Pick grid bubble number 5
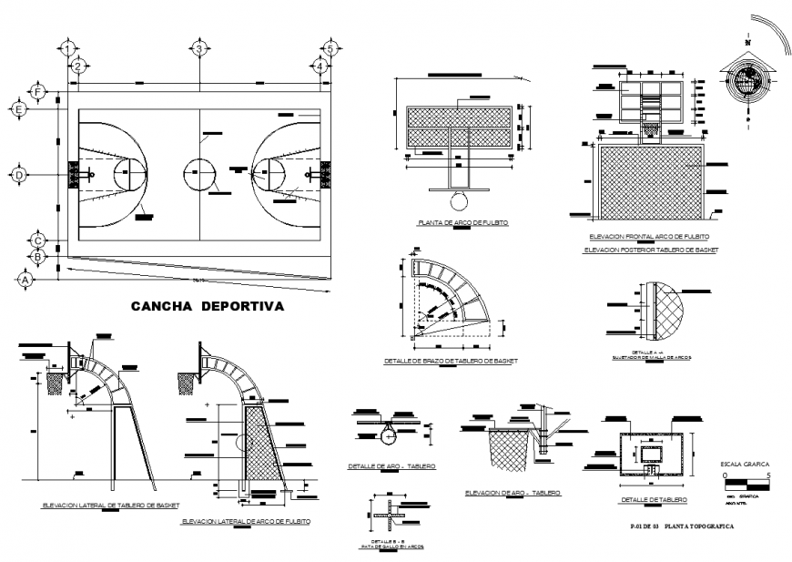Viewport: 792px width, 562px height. [331, 49]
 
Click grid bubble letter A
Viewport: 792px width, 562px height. [25, 281]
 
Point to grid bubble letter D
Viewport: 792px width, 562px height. [18, 174]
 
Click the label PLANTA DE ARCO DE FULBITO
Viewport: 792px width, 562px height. [462, 222]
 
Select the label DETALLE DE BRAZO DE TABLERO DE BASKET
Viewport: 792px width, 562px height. [451, 361]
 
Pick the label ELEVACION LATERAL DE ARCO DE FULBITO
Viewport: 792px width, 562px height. [246, 521]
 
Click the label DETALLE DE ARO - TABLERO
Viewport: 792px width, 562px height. [391, 465]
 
